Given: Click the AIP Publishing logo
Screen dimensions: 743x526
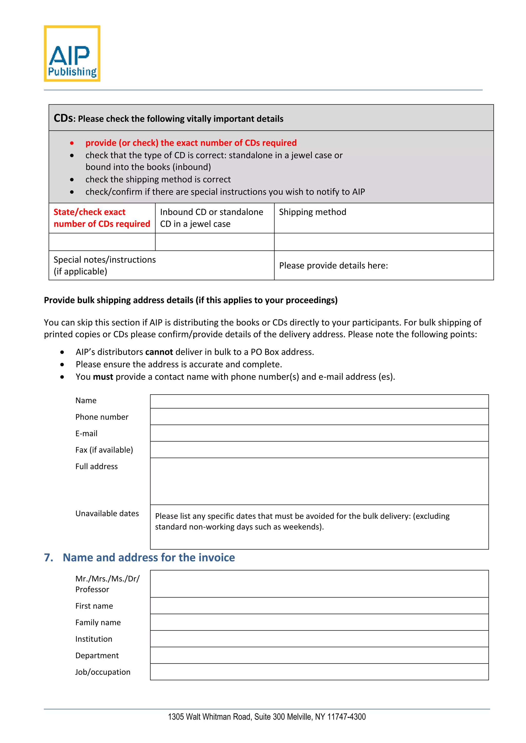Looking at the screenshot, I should [72, 53].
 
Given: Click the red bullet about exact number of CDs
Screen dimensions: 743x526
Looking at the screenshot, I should [191, 143].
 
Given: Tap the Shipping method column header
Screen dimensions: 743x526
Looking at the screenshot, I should [312, 212].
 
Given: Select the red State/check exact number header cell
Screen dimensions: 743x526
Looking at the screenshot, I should [102, 218].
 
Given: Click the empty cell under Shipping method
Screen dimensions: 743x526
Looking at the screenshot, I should [383, 242].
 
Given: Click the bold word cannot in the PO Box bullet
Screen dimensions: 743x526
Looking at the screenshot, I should [159, 352].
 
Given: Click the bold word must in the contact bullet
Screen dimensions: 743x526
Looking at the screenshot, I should [103, 377].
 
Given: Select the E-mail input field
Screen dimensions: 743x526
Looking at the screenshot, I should [319, 433].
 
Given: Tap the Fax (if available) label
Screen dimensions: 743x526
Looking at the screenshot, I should [104, 450].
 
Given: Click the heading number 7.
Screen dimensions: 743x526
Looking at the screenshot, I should [49, 557].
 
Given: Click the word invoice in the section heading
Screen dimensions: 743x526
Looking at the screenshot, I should [216, 557].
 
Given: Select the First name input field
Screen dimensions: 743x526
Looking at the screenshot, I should [319, 605].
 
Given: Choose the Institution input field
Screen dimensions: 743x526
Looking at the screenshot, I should [319, 639].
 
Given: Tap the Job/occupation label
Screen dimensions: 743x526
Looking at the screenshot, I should [103, 672].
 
